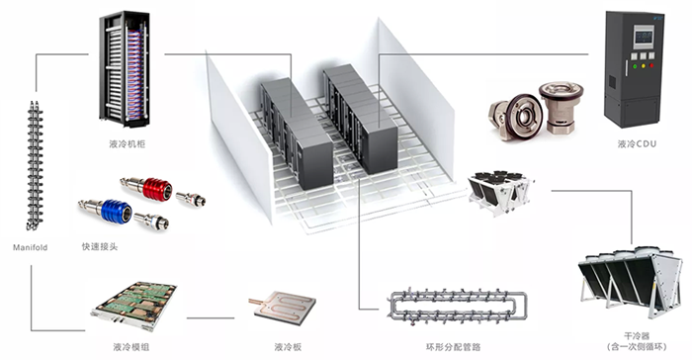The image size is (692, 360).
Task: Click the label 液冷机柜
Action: tap(128, 144)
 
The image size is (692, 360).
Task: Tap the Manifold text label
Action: tap(30, 247)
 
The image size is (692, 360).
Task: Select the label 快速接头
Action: tap(100, 246)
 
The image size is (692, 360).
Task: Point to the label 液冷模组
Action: tap(131, 347)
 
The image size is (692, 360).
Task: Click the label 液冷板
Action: tap(288, 347)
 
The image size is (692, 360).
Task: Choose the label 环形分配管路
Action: tap(453, 347)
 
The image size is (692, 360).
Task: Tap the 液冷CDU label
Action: tap(637, 144)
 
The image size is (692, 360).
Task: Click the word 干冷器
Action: tap(637, 336)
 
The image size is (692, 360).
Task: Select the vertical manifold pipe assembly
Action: tap(35, 165)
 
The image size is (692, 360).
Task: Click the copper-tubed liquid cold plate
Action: tap(285, 308)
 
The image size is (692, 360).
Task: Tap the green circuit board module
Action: tap(134, 306)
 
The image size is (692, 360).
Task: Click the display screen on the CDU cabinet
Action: tap(644, 37)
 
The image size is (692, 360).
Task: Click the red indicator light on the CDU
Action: tap(651, 66)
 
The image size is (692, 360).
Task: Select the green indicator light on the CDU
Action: tap(635, 66)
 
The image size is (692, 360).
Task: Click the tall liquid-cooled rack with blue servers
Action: tap(125, 68)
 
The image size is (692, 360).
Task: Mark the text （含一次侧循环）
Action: tap(637, 347)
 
